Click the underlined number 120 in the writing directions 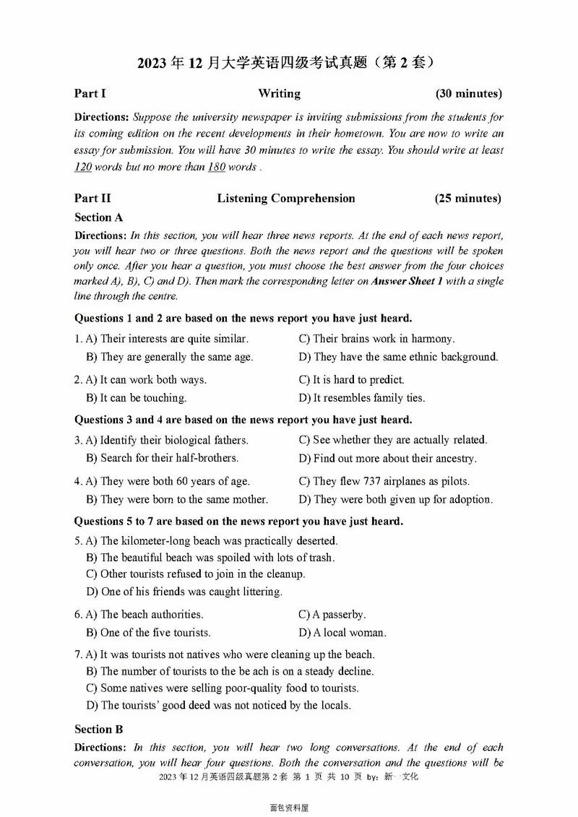(x=85, y=167)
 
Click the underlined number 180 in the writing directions (x=217, y=167)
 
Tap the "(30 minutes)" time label (x=468, y=93)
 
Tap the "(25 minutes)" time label (x=467, y=198)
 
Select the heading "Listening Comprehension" (x=286, y=198)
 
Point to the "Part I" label (x=90, y=93)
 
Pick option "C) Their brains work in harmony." (x=376, y=338)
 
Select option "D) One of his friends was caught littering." (x=184, y=591)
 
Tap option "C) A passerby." (x=332, y=614)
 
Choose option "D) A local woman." (x=342, y=632)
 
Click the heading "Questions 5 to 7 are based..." (x=238, y=521)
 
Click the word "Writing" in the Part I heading (x=279, y=93)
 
